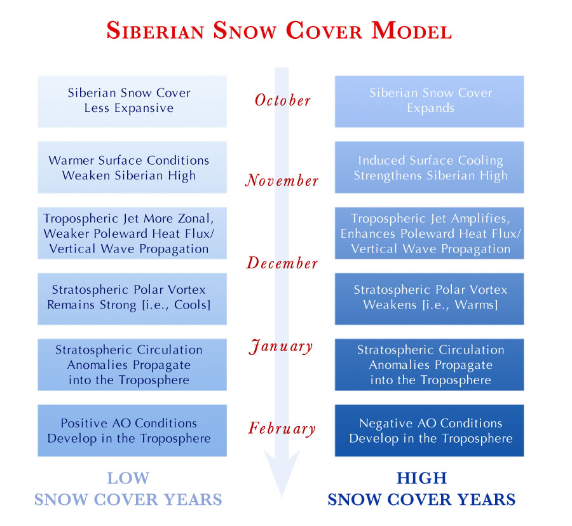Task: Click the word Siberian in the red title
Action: [155, 31]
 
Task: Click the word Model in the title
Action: [412, 31]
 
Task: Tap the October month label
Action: [283, 100]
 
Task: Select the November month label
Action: [282, 181]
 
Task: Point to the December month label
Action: [282, 263]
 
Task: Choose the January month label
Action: [281, 347]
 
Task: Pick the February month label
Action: [282, 429]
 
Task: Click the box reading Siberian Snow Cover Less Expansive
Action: [132, 102]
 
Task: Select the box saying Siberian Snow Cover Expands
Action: [430, 102]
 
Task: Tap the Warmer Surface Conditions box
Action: [132, 167]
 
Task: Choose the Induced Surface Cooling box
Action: [430, 167]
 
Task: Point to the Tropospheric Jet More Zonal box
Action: [132, 233]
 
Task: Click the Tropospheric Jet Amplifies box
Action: [430, 233]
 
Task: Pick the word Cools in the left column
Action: [191, 305]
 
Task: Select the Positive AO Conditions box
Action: [132, 431]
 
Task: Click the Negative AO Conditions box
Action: [430, 431]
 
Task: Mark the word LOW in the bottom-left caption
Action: [128, 478]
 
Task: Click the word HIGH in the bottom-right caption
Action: [422, 478]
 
